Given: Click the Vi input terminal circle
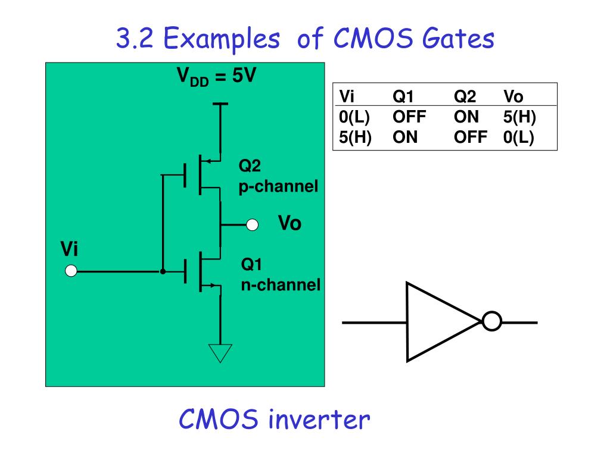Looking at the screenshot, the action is tap(71, 271).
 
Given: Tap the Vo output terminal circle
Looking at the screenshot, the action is tap(252, 224).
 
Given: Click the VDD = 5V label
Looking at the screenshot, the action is tap(216, 76).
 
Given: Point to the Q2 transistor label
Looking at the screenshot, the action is tap(250, 166).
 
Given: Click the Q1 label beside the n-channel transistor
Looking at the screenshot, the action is tap(252, 265).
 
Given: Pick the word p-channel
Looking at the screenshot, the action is tap(279, 186).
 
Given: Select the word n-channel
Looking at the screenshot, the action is tap(281, 285).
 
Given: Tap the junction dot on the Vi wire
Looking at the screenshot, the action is tap(163, 271).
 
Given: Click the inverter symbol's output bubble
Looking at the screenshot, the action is tap(491, 321).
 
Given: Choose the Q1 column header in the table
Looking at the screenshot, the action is tap(403, 96).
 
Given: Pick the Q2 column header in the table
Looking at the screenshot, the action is tap(465, 96).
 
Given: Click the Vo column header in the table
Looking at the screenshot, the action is tap(513, 96).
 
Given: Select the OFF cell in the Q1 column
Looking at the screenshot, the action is tap(409, 117).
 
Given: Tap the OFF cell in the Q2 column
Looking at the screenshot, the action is tap(471, 137).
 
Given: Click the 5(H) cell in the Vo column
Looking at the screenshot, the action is tap(519, 117).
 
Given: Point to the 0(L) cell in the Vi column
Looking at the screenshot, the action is tap(354, 117).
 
